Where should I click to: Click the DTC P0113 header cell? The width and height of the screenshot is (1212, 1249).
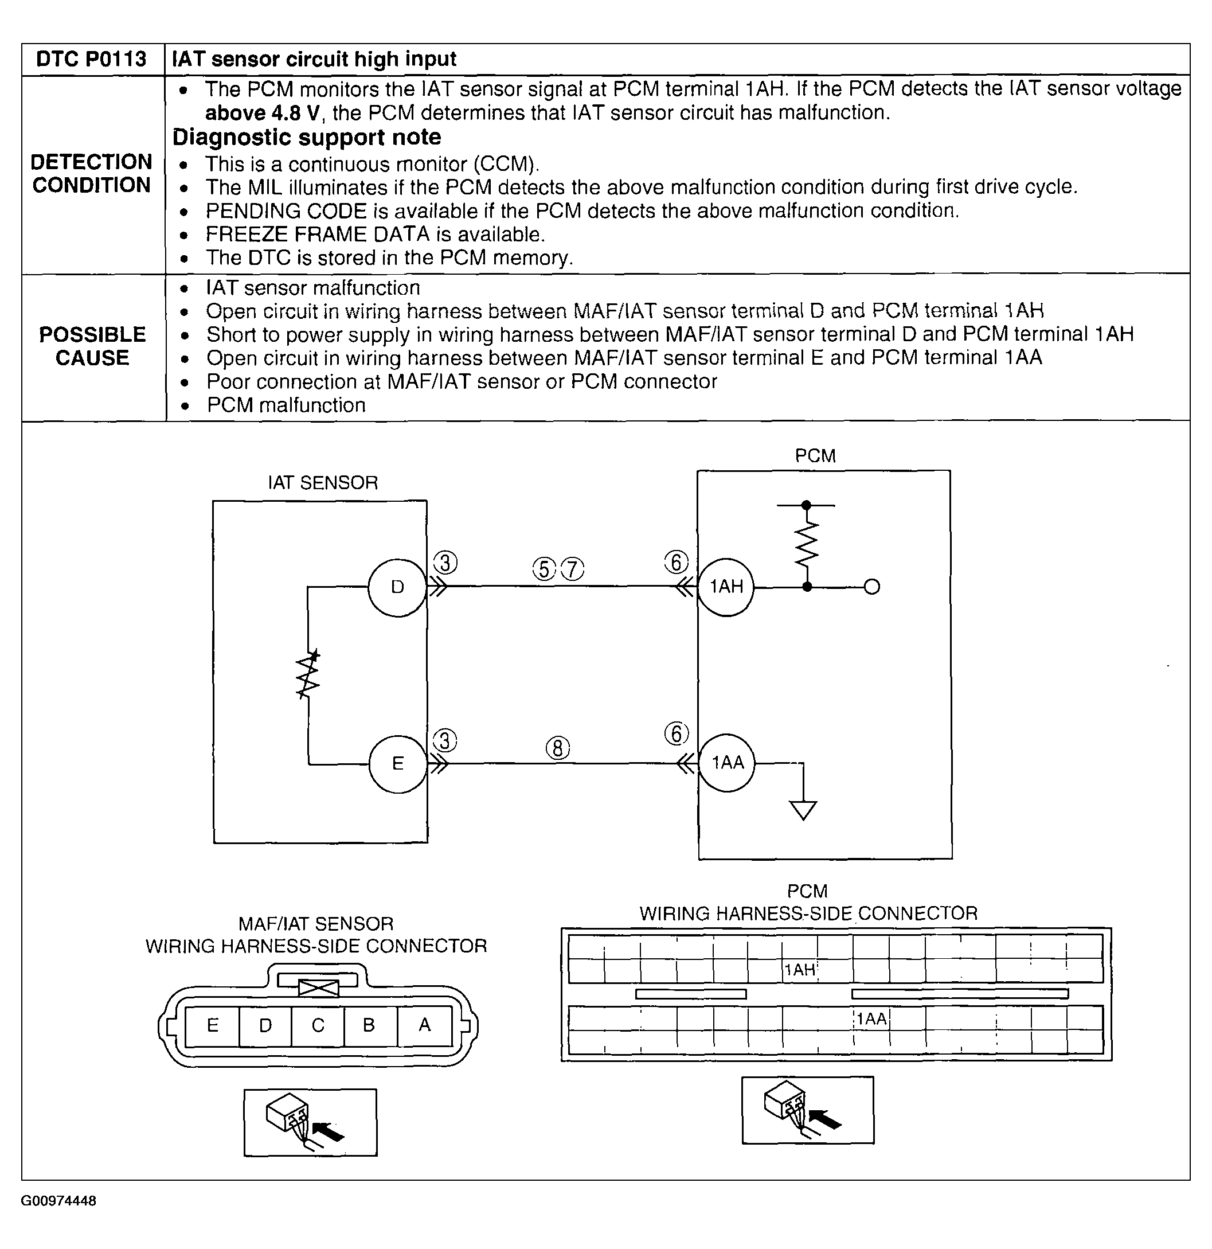pos(92,59)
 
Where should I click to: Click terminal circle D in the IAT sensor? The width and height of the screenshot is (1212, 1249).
pos(397,587)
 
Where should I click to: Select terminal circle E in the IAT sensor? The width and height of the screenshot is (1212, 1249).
pos(398,763)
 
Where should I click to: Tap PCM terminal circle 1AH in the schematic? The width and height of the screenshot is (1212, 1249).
pos(726,586)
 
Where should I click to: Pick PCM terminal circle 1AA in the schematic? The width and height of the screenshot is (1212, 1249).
pos(727,763)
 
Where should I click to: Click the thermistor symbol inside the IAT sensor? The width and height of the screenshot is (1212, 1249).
pos(309,675)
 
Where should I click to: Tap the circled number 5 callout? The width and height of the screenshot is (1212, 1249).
pos(544,569)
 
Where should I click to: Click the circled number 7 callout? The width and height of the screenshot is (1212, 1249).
pos(572,569)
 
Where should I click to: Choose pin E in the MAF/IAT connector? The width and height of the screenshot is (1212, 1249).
pos(213,1025)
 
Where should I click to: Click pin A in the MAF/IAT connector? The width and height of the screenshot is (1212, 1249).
pos(424,1025)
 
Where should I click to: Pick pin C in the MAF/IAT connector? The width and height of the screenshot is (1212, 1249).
pos(318,1025)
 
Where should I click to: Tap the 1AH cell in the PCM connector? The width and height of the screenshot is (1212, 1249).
pos(800,970)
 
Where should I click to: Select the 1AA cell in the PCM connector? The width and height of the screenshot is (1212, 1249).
pos(871,1018)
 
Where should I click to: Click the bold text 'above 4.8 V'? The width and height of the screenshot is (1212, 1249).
pos(262,114)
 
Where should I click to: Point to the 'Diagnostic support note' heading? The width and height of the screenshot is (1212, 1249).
pos(307,138)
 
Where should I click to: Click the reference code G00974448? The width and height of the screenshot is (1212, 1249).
pos(58,1201)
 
